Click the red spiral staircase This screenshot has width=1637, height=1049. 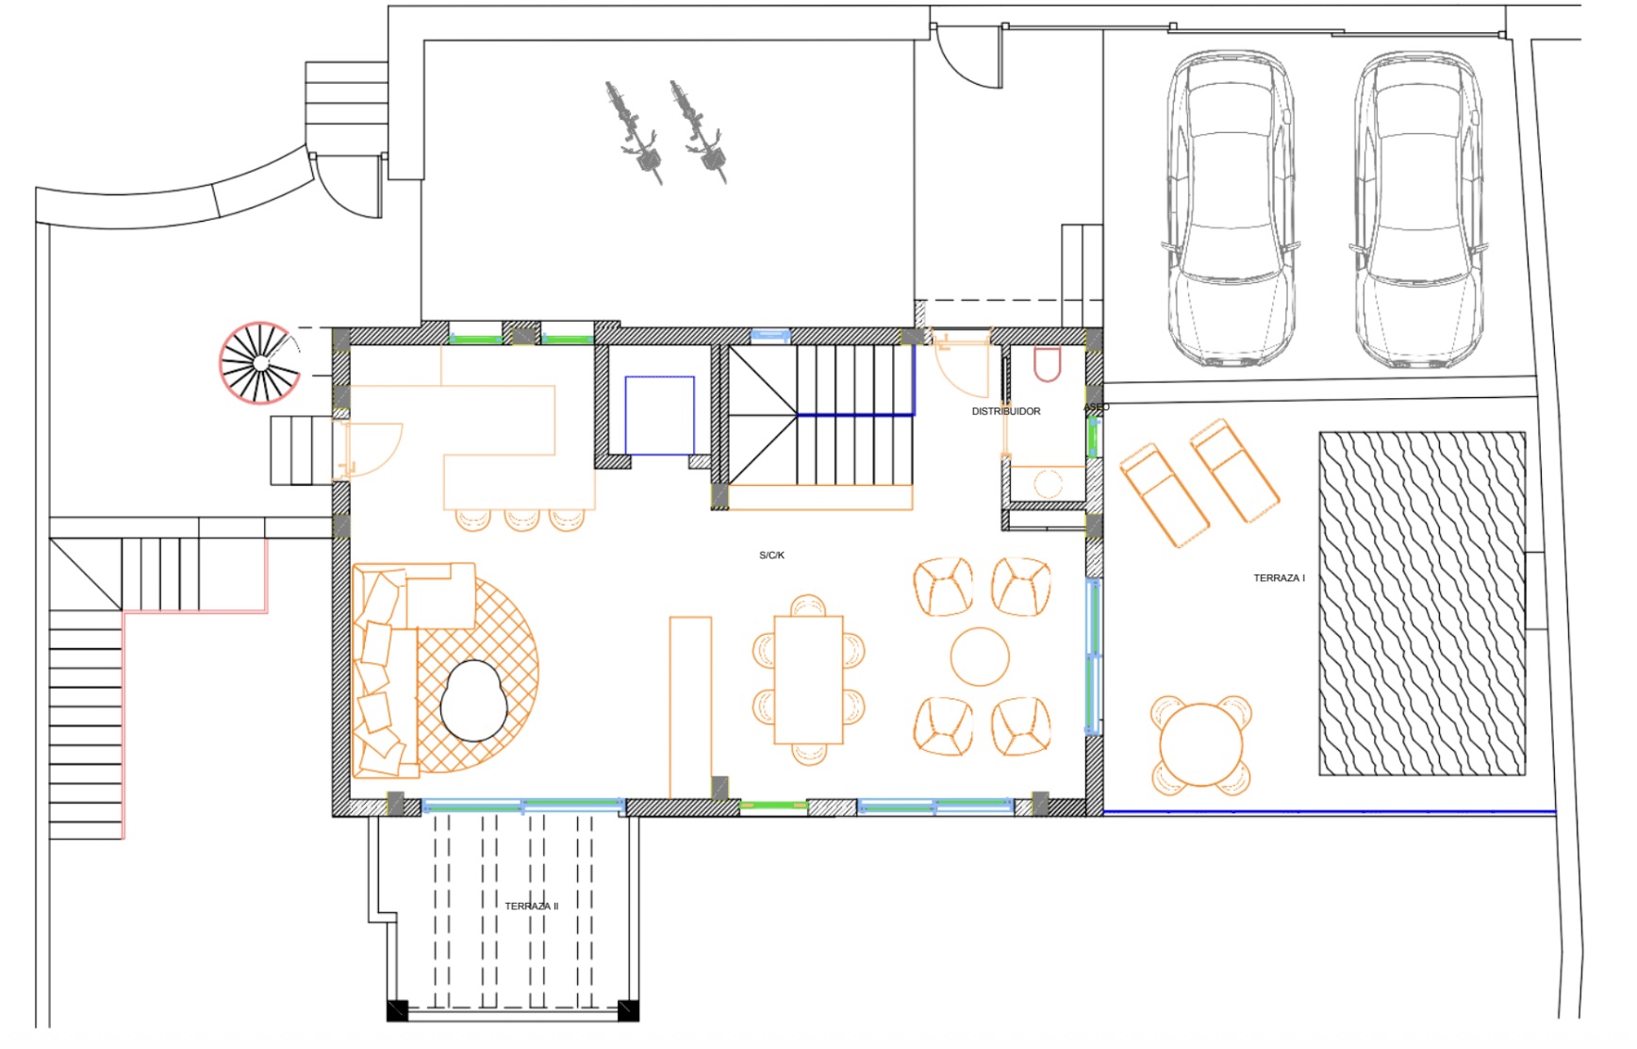click(259, 362)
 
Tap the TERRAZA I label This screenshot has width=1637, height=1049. click(1279, 578)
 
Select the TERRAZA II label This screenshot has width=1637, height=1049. click(531, 907)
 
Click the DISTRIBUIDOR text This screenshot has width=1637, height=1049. click(1006, 411)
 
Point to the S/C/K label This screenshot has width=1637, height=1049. click(771, 556)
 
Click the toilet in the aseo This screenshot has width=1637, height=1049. click(1047, 363)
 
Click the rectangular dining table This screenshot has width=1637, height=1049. click(808, 679)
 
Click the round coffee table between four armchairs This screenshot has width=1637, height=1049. click(980, 657)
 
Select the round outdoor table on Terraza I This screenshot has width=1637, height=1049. click(1200, 744)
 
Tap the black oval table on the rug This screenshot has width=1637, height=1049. click(474, 700)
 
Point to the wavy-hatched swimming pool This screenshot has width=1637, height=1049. click(1421, 604)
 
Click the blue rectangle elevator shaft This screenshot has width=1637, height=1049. click(660, 415)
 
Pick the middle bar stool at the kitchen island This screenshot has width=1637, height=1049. click(521, 520)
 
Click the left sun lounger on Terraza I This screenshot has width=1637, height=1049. click(1164, 496)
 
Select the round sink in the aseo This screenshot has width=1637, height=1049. click(1048, 484)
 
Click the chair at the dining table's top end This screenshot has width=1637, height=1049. click(808, 605)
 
